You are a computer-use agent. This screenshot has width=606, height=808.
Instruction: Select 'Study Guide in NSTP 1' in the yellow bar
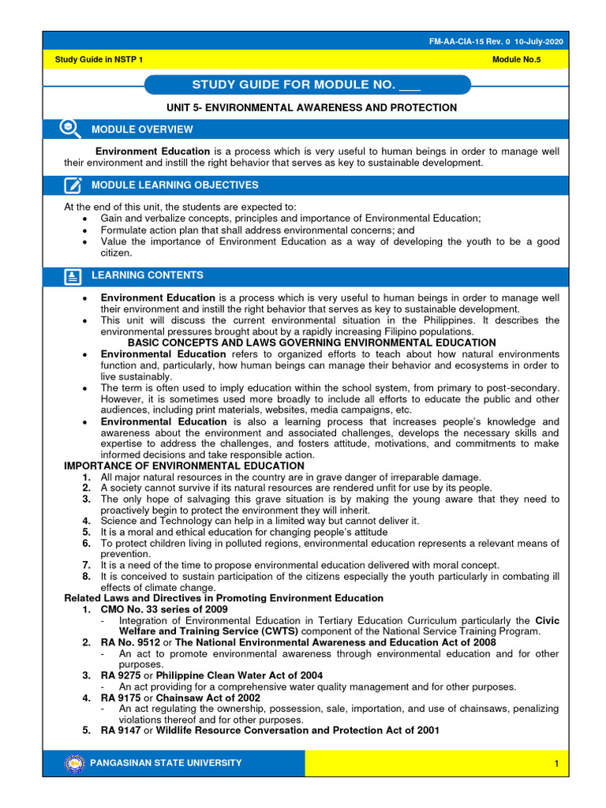click(99, 60)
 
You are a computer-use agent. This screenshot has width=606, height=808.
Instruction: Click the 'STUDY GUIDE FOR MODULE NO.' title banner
click(307, 85)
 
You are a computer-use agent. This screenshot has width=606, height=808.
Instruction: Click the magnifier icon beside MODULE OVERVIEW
click(70, 129)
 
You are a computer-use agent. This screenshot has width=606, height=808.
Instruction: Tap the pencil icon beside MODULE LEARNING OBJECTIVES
click(73, 185)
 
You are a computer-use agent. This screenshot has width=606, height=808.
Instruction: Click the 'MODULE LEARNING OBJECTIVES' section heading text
click(174, 185)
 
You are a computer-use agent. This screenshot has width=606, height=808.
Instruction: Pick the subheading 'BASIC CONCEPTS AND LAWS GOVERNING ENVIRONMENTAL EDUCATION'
click(312, 343)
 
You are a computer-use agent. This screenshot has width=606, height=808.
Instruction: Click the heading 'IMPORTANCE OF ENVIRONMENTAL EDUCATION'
click(184, 466)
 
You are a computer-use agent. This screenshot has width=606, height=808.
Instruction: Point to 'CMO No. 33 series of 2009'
click(163, 609)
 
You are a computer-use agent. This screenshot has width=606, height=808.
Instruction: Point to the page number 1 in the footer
click(556, 764)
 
